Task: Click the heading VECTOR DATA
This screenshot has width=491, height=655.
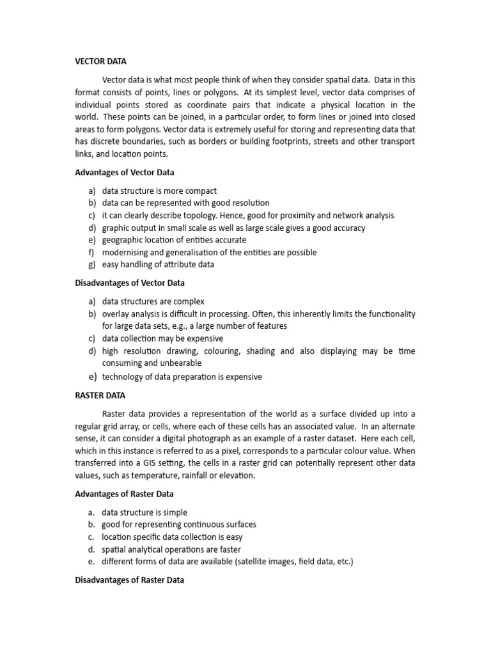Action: click(101, 61)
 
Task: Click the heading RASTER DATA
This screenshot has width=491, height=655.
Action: click(100, 395)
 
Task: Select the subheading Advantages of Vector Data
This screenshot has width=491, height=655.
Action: click(125, 172)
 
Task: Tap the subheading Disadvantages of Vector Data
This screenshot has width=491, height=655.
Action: click(130, 283)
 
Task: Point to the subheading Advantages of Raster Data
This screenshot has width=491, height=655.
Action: click(124, 494)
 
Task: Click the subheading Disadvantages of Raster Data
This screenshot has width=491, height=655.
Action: click(130, 580)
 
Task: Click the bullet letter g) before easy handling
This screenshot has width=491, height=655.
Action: click(92, 264)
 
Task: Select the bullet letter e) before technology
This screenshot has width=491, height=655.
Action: click(92, 377)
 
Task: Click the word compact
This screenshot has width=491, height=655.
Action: click(200, 191)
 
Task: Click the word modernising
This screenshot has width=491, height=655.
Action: click(126, 252)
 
